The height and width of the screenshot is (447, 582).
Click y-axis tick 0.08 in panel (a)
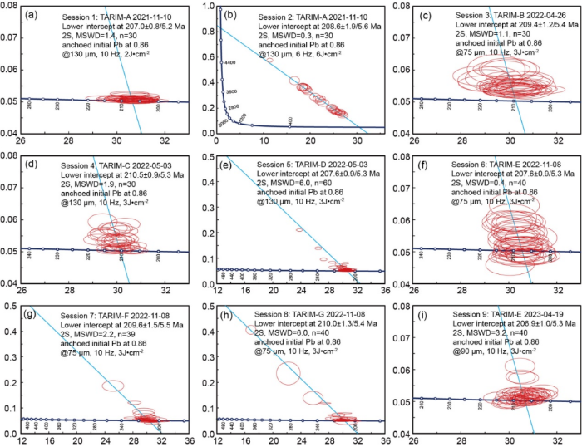click(x=11, y=7)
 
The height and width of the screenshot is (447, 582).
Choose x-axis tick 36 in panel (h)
click(x=383, y=440)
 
